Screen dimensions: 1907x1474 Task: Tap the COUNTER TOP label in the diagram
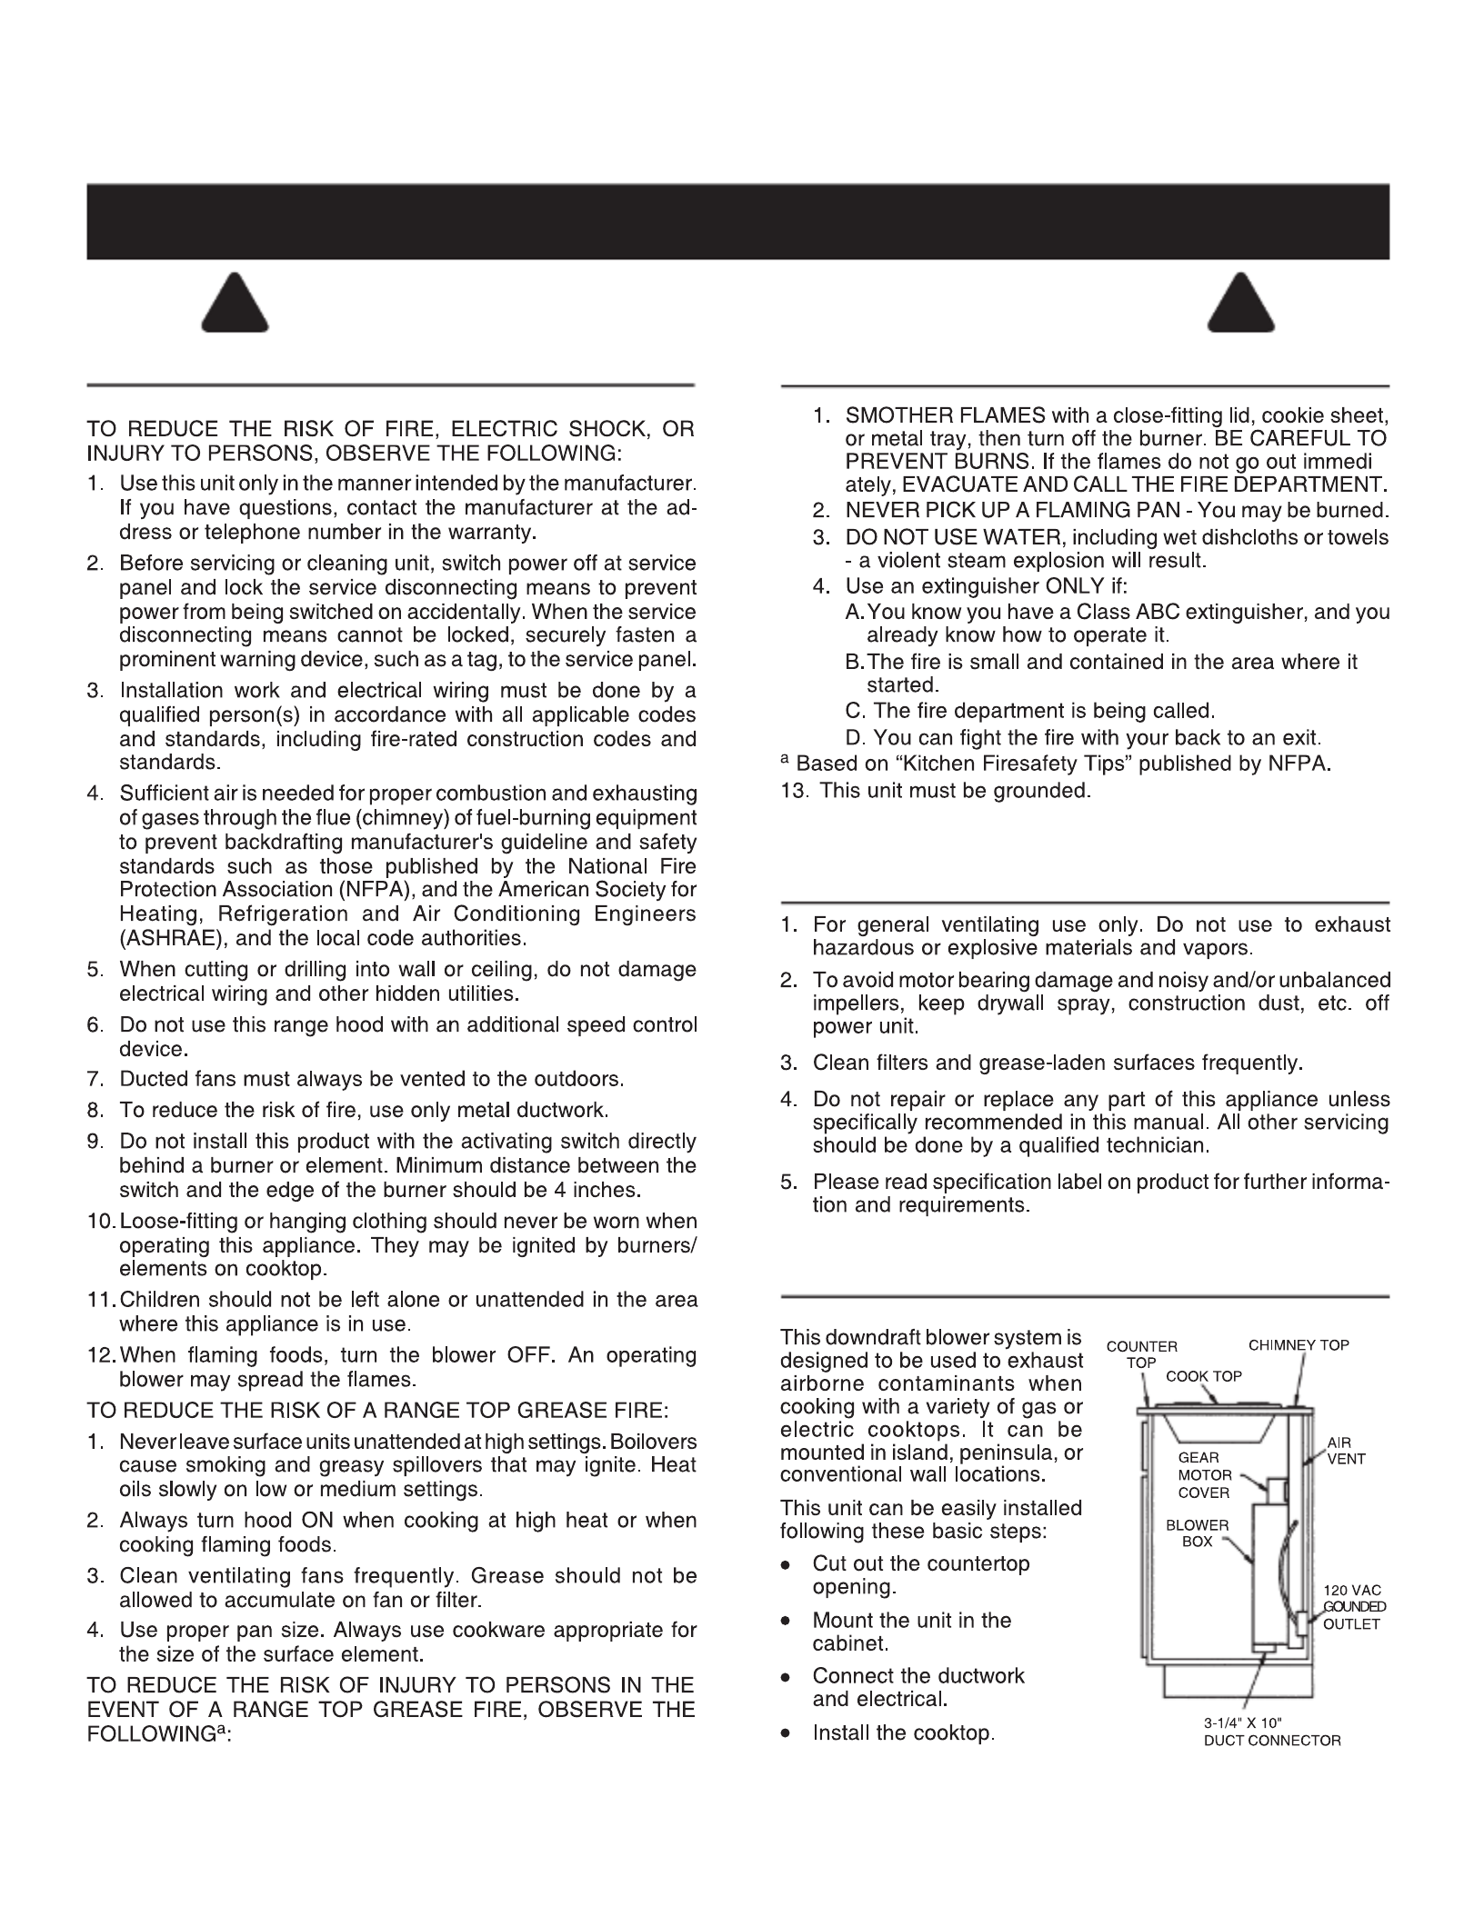1141,1353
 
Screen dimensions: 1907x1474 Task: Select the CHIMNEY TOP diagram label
1299,1344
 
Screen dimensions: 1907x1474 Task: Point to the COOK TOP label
1203,1375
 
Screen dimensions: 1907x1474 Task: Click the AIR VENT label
1346,1450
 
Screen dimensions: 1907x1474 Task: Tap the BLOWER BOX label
1197,1533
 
